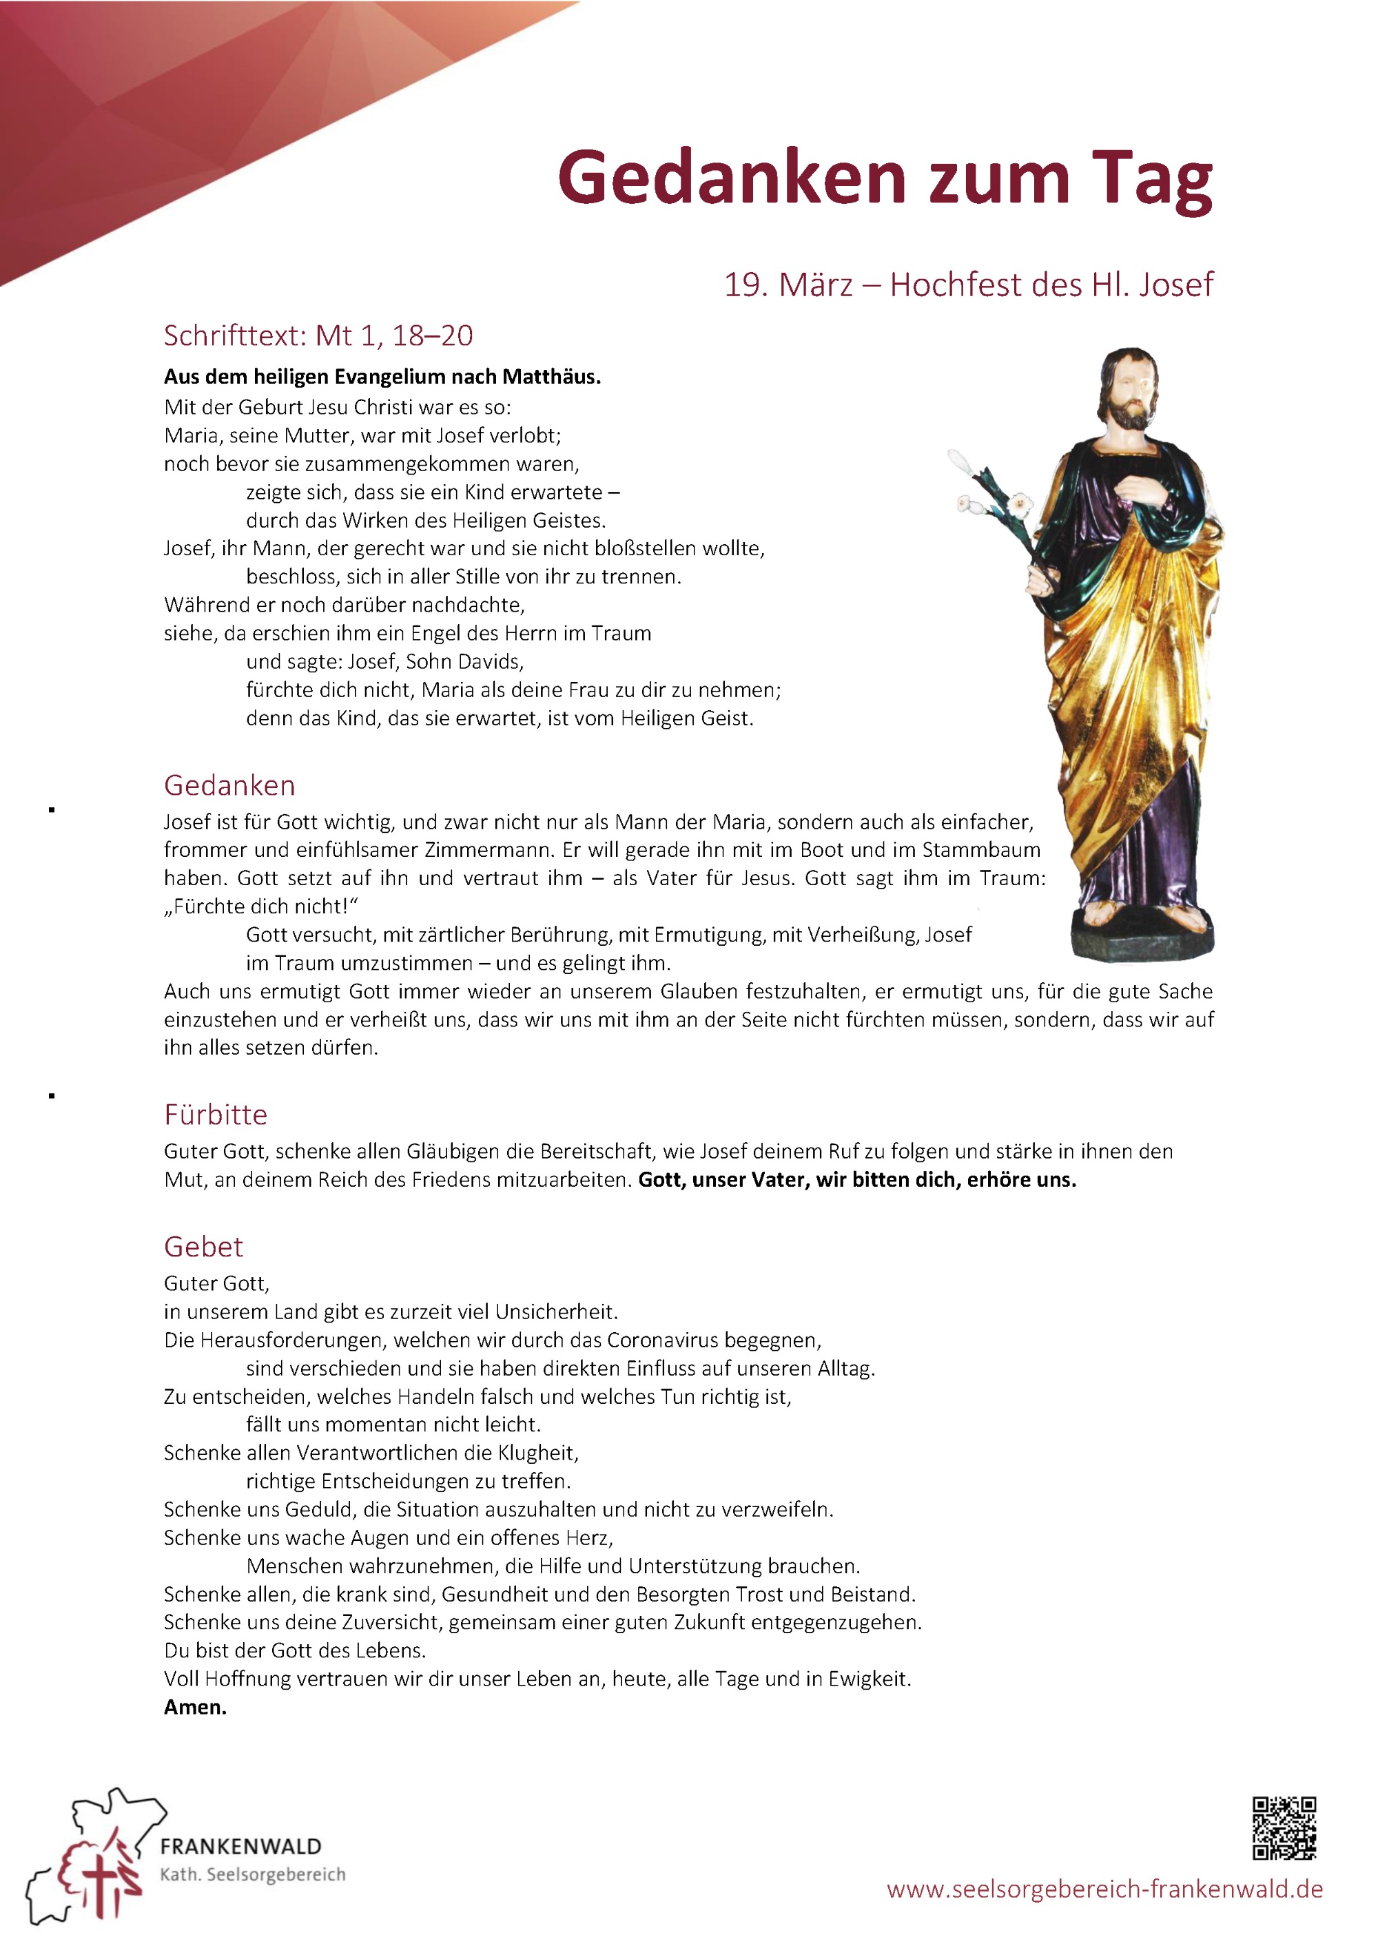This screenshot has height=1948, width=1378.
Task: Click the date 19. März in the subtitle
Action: click(x=788, y=284)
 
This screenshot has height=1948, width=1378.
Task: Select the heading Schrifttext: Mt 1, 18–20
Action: click(x=318, y=336)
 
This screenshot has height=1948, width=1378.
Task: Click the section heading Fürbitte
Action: click(x=216, y=1114)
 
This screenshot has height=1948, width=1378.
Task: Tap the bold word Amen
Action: click(x=195, y=1707)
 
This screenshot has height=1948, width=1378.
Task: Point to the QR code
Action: click(x=1284, y=1827)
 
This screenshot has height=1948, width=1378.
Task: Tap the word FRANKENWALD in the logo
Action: click(x=241, y=1846)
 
